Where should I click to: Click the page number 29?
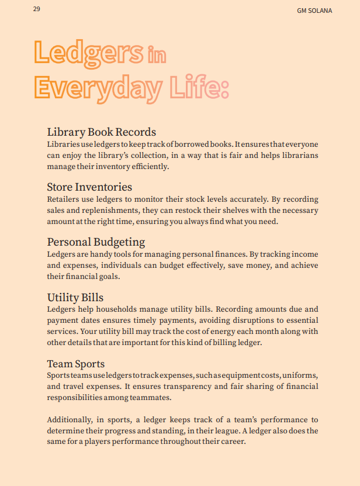[x=37, y=9]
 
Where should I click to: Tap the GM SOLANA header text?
[x=314, y=11]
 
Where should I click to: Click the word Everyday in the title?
[x=98, y=87]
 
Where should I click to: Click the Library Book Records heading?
[x=101, y=132]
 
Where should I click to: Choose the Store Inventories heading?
[x=89, y=187]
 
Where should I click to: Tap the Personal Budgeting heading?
[x=96, y=242]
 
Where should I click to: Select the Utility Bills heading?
[x=75, y=297]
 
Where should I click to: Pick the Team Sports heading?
[x=76, y=364]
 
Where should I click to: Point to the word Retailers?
[x=63, y=199]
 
